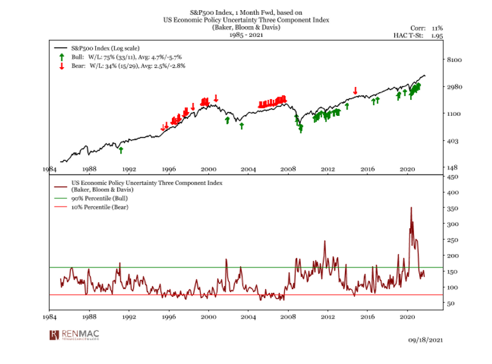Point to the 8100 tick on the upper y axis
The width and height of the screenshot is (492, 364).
tap(452, 59)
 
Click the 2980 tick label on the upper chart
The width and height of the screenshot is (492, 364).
tap(452, 86)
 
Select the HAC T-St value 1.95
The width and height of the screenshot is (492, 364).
tap(436, 36)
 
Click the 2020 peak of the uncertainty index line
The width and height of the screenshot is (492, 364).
tap(411, 208)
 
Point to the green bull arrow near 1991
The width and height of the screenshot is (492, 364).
tap(121, 150)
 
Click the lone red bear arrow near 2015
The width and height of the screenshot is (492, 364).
tap(355, 90)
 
